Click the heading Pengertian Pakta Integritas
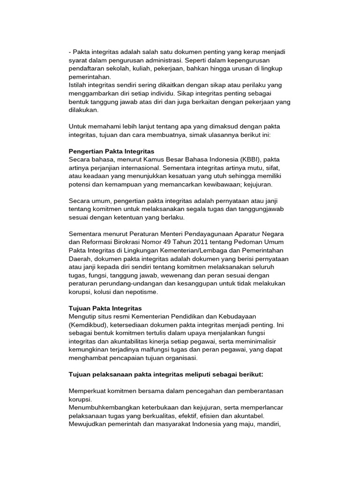pos(112,151)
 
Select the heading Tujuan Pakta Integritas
pos(105,308)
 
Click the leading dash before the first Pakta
pos(70,52)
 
